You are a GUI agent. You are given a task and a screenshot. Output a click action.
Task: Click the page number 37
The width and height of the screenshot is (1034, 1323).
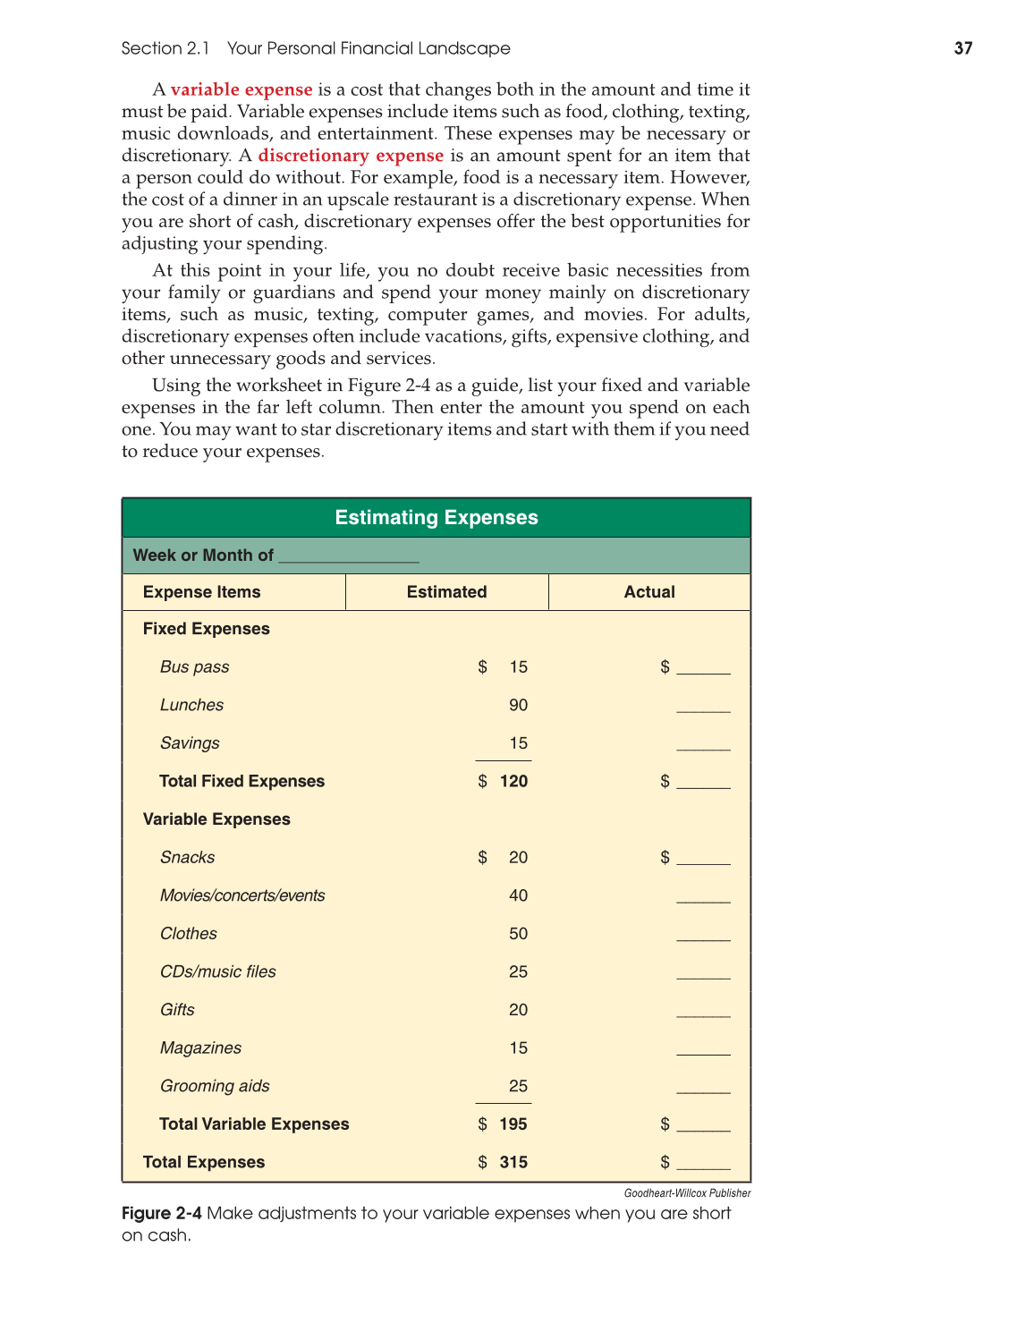pos(962,48)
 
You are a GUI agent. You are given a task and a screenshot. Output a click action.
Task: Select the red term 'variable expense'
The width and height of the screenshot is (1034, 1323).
pos(242,89)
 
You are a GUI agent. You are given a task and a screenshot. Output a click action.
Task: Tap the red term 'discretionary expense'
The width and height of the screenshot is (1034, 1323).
pos(351,156)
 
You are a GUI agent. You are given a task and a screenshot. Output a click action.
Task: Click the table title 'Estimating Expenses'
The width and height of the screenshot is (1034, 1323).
pos(436,518)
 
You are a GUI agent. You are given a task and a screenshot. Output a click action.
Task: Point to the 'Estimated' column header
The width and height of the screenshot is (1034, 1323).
pos(446,592)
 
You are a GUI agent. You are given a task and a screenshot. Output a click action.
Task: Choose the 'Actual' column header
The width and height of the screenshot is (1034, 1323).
pos(649,592)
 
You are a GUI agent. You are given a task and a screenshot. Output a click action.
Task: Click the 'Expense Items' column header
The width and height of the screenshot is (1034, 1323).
pos(201,592)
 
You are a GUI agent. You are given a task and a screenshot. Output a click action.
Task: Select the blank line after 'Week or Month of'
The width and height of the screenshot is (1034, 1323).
pos(349,557)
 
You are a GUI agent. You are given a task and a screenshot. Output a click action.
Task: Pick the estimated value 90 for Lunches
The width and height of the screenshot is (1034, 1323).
pos(518,705)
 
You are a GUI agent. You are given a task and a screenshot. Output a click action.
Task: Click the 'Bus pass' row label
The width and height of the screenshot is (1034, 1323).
pos(194,667)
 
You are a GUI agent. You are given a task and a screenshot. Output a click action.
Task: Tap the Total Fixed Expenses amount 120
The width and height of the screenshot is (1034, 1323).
pos(513,781)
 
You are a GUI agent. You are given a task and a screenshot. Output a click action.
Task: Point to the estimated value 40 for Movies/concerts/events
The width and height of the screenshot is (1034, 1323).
pos(518,895)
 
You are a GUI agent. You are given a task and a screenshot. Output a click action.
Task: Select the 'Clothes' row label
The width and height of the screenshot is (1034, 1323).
pos(188,934)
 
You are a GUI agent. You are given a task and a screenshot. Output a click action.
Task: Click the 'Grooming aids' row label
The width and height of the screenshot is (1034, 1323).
pos(215,1086)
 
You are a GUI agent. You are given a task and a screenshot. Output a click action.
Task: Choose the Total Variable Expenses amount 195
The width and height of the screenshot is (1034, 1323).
pos(513,1124)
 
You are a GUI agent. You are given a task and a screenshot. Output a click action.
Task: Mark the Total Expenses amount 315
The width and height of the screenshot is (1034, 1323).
pos(513,1162)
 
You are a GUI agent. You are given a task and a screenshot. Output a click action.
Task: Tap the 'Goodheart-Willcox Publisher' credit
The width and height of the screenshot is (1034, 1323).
pos(687,1193)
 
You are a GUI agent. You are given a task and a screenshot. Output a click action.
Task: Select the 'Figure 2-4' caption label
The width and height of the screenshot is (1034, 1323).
pos(161,1214)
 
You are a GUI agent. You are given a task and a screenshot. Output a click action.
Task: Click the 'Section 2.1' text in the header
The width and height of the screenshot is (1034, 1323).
pos(165,48)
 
